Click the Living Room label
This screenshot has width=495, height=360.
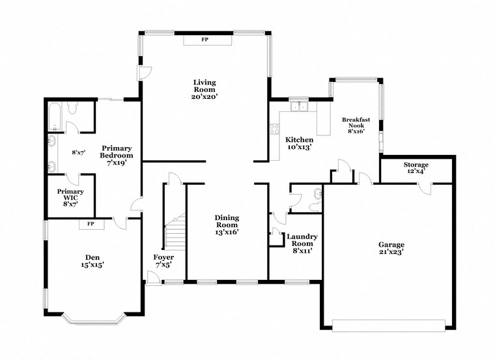point(205,89)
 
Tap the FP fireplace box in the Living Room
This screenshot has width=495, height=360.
point(205,40)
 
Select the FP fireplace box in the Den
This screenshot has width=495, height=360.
point(91,225)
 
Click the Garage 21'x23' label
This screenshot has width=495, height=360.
point(391,249)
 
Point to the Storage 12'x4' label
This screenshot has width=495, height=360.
point(416,168)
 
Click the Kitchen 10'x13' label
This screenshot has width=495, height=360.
point(300,144)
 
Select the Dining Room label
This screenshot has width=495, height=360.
point(227,225)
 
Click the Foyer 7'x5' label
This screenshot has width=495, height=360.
point(163,260)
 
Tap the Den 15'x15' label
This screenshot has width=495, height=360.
point(92,260)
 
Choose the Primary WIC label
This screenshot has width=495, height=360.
point(70,196)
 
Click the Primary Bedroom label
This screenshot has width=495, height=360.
point(116,156)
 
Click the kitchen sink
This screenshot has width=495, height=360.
point(300,106)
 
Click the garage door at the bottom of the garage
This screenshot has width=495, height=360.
point(388,324)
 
